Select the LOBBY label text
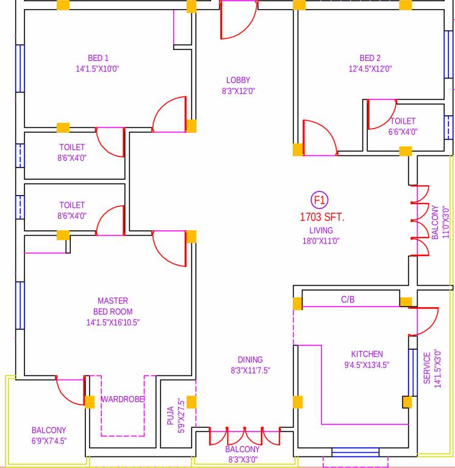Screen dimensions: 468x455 (238, 80)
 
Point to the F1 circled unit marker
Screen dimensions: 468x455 (320, 200)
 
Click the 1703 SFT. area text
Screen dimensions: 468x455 (321, 216)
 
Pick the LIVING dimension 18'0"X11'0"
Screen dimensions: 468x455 (321, 241)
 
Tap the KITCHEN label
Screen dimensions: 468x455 (367, 354)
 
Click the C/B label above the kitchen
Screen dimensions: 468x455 (348, 299)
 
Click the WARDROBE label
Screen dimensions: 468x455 (123, 399)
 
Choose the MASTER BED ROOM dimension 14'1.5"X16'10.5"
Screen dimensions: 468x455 (113, 322)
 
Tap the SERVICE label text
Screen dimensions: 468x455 (427, 369)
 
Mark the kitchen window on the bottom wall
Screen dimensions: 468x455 (354, 452)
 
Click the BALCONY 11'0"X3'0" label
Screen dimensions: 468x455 (435, 222)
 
